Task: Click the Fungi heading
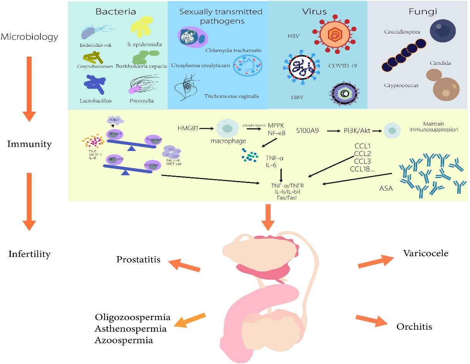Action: [418, 12]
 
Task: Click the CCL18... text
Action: [362, 169]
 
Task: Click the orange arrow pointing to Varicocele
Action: [374, 261]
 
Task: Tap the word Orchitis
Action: [414, 327]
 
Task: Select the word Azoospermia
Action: [124, 340]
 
